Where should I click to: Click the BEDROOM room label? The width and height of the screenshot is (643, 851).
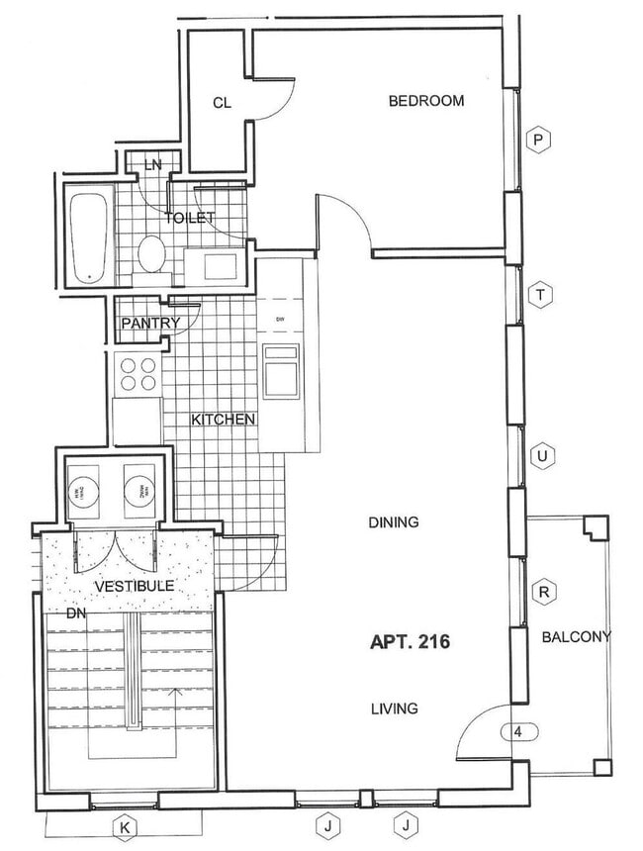pyautogui.click(x=425, y=101)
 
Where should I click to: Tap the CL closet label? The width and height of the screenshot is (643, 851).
pyautogui.click(x=222, y=103)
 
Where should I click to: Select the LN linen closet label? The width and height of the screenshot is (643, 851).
pyautogui.click(x=152, y=164)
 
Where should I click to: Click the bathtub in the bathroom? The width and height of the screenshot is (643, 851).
pyautogui.click(x=87, y=237)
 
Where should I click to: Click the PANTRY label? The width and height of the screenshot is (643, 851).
pyautogui.click(x=150, y=323)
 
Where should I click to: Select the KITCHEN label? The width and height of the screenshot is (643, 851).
pyautogui.click(x=224, y=420)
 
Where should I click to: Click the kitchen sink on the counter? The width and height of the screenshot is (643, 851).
pyautogui.click(x=281, y=370)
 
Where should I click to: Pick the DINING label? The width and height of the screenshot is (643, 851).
pyautogui.click(x=393, y=522)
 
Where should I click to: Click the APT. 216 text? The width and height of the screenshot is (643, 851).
pyautogui.click(x=410, y=642)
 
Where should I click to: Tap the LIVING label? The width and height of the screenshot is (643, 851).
pyautogui.click(x=394, y=709)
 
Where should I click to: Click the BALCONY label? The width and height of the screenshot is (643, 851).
pyautogui.click(x=577, y=637)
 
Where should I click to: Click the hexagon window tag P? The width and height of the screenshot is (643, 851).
pyautogui.click(x=538, y=141)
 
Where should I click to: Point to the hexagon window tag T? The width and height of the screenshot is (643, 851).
pyautogui.click(x=540, y=294)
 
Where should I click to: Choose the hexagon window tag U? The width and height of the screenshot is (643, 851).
pyautogui.click(x=540, y=456)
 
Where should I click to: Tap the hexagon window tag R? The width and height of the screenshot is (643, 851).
pyautogui.click(x=543, y=592)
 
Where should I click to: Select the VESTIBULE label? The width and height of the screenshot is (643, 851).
pyautogui.click(x=134, y=586)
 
